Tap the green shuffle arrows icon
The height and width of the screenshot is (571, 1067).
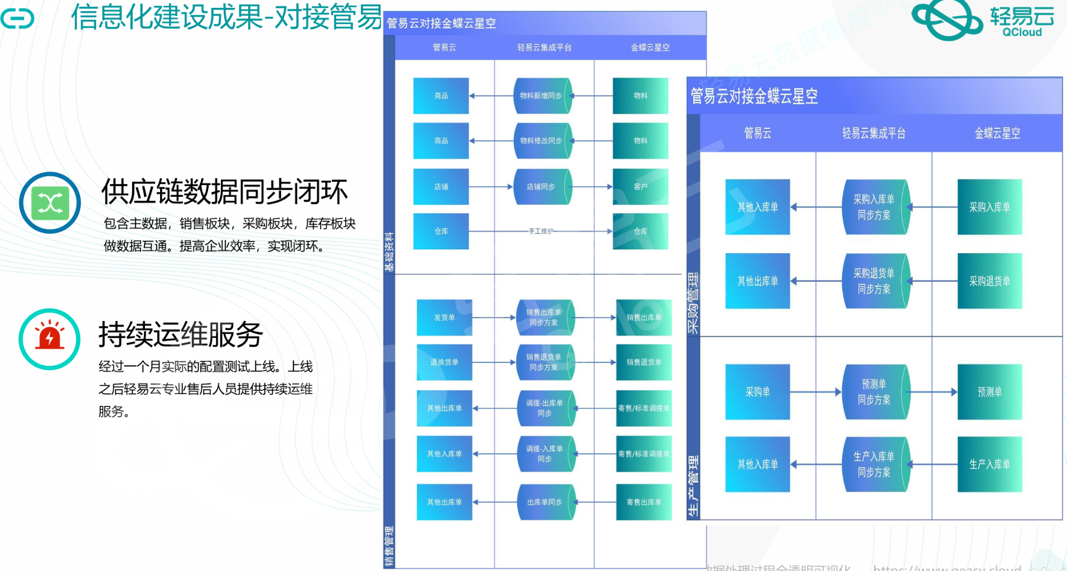point(50,203)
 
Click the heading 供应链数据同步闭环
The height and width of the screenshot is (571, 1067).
point(224,192)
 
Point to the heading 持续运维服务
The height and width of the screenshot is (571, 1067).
point(181,335)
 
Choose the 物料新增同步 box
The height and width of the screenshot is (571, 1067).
point(542,96)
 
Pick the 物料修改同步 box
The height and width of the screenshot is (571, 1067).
point(542,141)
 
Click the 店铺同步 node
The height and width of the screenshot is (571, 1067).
point(542,187)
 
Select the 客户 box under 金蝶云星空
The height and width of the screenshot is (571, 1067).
point(640,187)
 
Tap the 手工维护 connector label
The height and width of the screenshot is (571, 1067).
point(540,231)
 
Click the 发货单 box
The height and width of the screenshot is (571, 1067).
point(445,317)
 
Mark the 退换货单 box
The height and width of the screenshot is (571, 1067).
point(445,362)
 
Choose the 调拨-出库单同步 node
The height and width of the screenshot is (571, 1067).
point(545,408)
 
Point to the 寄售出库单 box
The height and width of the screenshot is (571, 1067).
point(644,502)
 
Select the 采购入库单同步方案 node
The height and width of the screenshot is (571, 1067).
point(875,207)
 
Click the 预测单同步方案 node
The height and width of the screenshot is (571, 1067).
point(875,392)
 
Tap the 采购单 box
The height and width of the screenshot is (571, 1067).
point(757,392)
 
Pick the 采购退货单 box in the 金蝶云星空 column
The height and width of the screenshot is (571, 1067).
point(989,281)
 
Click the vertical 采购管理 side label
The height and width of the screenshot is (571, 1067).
point(693,303)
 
